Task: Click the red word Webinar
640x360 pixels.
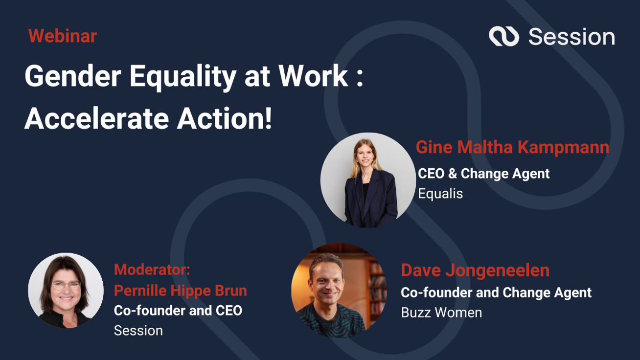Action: point(63,36)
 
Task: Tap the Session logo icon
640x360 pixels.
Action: point(503,37)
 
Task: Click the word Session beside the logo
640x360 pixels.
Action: point(571,37)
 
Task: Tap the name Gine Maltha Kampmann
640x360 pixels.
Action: point(512,147)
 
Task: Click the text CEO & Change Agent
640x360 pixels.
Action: point(483,174)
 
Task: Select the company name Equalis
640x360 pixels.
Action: point(440,194)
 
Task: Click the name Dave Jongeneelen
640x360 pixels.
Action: point(475,270)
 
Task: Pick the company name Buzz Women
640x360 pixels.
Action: point(441,313)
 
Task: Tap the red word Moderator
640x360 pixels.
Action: point(152,270)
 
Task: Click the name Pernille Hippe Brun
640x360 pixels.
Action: point(180,291)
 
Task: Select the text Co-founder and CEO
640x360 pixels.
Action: point(178,311)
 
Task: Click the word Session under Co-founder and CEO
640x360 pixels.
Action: point(138,331)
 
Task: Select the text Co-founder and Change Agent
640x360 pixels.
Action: point(496,292)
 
